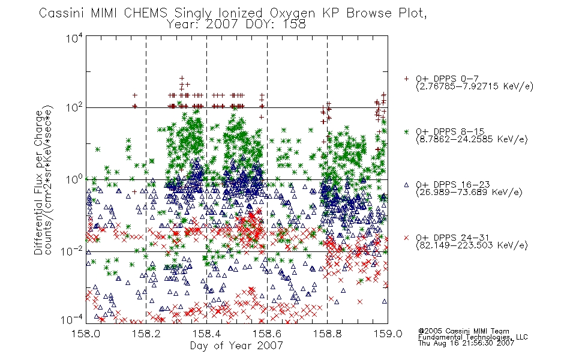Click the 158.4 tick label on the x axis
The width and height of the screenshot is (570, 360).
207,334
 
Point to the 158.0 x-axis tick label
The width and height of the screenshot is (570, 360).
86,334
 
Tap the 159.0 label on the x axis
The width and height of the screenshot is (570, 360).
388,334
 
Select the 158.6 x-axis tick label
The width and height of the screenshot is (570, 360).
267,334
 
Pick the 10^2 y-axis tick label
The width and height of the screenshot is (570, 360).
74,108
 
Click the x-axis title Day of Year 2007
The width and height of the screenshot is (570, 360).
236,346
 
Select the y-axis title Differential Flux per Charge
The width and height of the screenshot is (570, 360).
38,182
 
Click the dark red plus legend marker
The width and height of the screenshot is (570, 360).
406,79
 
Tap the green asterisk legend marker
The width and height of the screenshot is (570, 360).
406,131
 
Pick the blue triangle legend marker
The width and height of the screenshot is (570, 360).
406,185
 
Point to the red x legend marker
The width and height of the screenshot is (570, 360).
406,238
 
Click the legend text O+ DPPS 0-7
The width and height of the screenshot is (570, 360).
448,79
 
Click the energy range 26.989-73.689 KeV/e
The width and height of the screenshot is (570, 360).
469,193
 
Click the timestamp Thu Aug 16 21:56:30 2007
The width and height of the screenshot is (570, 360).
466,343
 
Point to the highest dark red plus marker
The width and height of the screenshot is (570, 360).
182,78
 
